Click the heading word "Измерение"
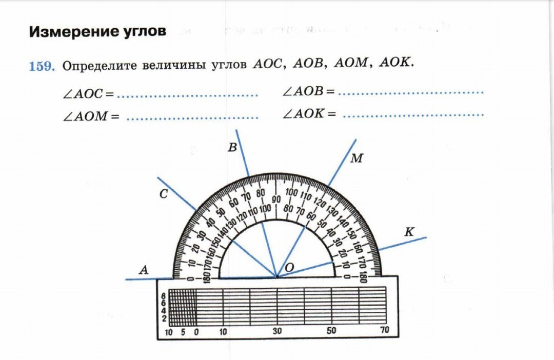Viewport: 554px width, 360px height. pyautogui.click(x=70, y=31)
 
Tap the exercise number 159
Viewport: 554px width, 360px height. pyautogui.click(x=42, y=66)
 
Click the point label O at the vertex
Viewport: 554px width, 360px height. pyautogui.click(x=289, y=267)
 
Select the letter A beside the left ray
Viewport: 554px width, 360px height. pyautogui.click(x=144, y=270)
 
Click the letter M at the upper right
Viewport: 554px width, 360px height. pyautogui.click(x=357, y=158)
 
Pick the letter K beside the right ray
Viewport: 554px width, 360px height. pyautogui.click(x=409, y=232)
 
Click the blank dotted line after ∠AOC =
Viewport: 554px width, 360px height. pyautogui.click(x=187, y=95)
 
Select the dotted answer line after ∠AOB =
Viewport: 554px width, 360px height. pyautogui.click(x=411, y=93)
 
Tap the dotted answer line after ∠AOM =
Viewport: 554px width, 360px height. pyautogui.click(x=192, y=118)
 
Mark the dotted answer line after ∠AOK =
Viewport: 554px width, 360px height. pyautogui.click(x=413, y=115)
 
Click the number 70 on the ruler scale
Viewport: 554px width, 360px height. pyautogui.click(x=385, y=331)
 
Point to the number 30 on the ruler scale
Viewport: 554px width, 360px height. pyautogui.click(x=277, y=331)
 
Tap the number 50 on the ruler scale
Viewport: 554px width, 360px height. pyautogui.click(x=331, y=331)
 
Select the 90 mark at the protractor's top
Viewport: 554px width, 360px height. pyautogui.click(x=276, y=199)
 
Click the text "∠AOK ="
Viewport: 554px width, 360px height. pyautogui.click(x=309, y=114)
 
